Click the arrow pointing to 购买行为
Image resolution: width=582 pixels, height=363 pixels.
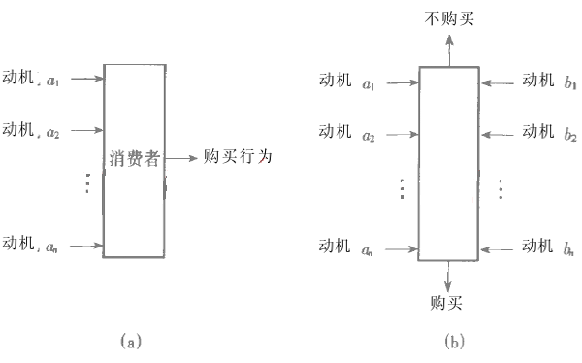180,157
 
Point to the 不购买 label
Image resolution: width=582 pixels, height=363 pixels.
449,18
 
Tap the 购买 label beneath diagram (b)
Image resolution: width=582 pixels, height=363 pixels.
447,302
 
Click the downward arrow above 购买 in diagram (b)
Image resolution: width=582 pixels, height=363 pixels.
447,274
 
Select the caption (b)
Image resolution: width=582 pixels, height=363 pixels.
454,342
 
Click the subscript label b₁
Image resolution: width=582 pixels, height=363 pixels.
571,82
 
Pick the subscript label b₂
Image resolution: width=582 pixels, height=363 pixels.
571,134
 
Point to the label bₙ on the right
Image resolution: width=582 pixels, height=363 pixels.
571,249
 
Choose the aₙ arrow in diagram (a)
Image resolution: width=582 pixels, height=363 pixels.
86,246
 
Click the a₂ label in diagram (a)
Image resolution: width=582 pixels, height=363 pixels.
52,133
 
